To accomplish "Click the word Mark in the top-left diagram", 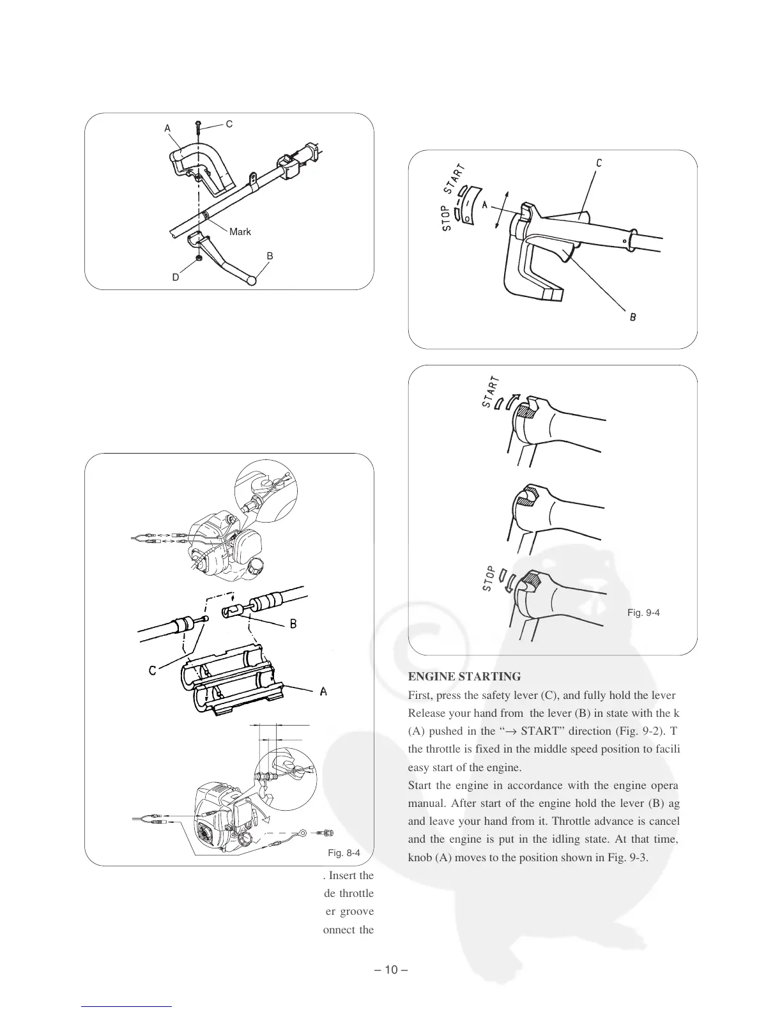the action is coord(240,232).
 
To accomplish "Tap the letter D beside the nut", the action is coord(175,278).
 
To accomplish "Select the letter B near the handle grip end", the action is coord(270,256).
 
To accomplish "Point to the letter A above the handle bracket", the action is coord(167,128).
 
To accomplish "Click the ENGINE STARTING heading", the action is coord(464,676).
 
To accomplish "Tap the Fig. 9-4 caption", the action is coord(643,613).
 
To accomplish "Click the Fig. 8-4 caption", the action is coord(344,853).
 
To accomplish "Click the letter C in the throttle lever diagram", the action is coord(598,163).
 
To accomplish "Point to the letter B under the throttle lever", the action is coord(632,317).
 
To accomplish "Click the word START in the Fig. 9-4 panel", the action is coord(491,390).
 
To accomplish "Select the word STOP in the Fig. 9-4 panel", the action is coord(489,578).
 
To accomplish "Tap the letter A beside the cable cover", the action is coord(323,691).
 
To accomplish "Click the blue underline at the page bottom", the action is coord(127,1006).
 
